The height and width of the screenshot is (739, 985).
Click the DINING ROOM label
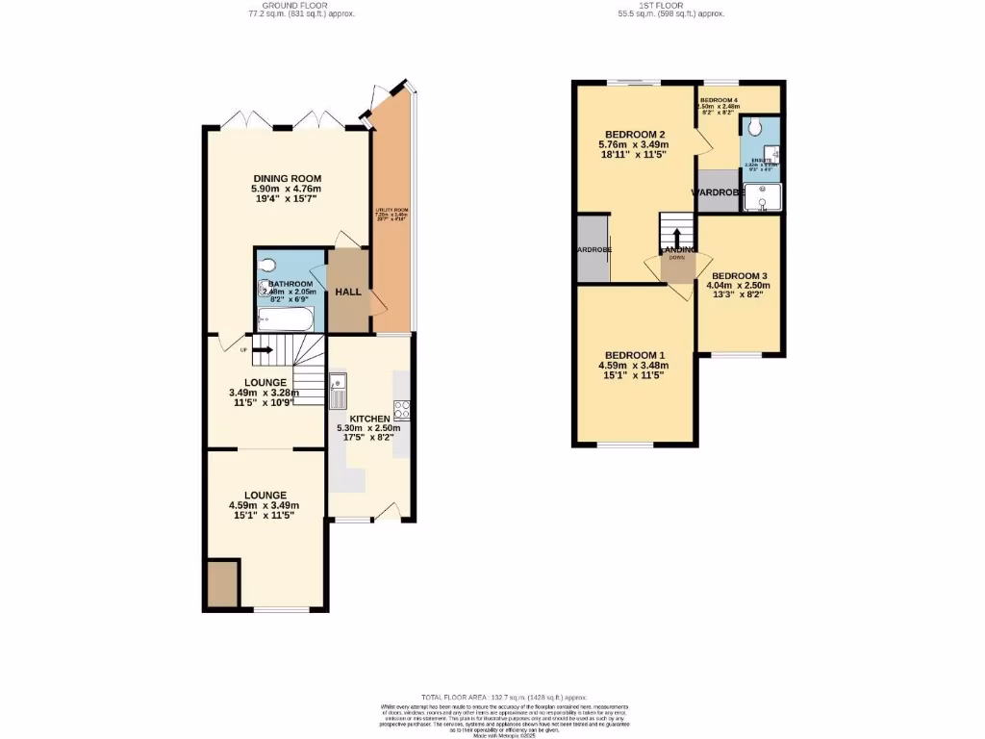point(287,178)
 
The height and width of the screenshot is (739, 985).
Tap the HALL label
point(347,292)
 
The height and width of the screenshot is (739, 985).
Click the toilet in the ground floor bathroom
point(268,264)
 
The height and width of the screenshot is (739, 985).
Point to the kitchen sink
point(337,392)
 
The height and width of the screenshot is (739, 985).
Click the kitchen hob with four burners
point(402,408)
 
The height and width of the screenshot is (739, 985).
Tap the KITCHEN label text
point(370,419)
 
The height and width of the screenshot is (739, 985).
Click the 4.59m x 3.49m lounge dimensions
point(265,505)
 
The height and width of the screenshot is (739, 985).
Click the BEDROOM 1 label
point(634,354)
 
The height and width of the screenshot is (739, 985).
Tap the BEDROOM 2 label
point(635,134)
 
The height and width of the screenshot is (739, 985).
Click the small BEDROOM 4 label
point(719,101)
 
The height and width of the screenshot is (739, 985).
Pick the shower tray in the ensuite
point(762,197)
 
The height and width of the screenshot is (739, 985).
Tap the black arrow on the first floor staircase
point(676,237)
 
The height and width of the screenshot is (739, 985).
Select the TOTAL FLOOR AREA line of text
point(504,697)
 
